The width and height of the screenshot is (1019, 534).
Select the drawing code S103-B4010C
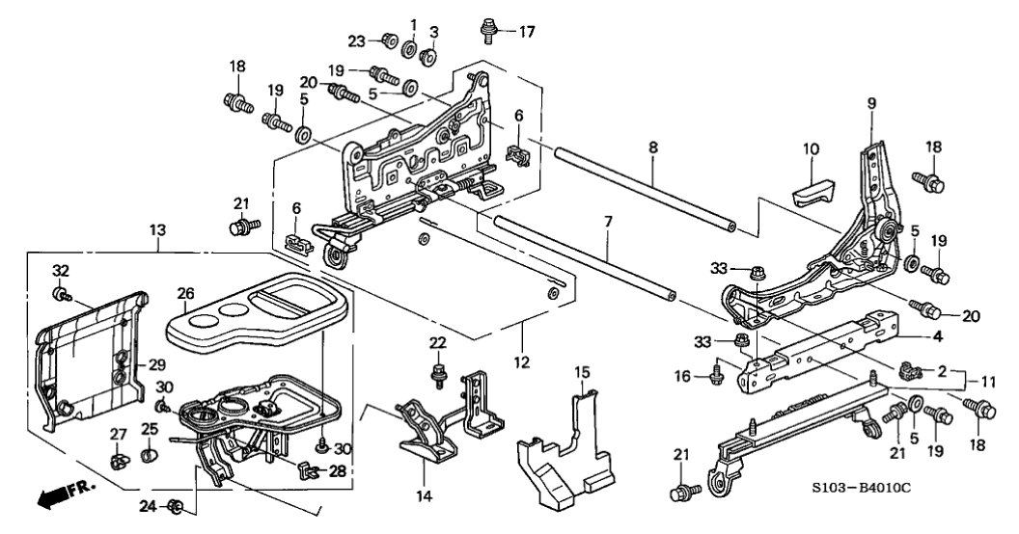[862, 486]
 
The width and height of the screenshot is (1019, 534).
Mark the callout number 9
[871, 102]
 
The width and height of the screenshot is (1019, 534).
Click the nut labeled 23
[389, 40]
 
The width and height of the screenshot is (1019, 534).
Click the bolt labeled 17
[488, 31]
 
